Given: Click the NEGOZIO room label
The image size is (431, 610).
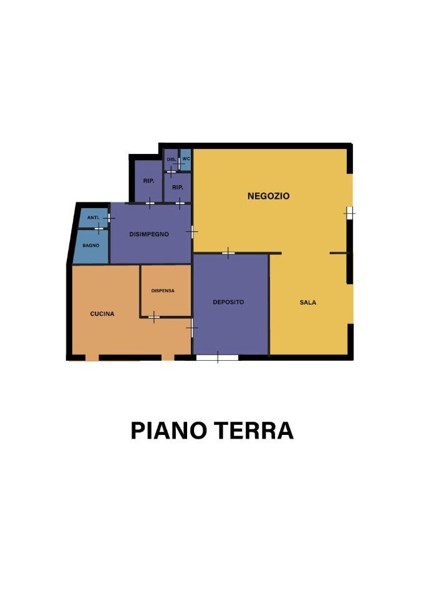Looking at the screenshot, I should coord(268,196).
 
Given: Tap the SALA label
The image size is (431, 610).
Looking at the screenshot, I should coord(308,303).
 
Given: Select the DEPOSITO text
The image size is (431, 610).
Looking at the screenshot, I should coord(228,302).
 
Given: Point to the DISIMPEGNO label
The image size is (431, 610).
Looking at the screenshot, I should coord(149,234).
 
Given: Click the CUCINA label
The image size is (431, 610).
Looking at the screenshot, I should coord(102,314).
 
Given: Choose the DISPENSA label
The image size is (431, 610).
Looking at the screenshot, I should coord(163,291).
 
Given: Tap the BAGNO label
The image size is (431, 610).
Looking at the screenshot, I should coord(91,245).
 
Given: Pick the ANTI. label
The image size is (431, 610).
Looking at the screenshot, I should coord(94,217).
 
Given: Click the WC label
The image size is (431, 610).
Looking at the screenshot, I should coord(186,159).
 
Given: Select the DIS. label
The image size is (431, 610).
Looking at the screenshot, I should coord(171,160).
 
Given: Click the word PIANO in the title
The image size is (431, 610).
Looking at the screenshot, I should coord(167,431).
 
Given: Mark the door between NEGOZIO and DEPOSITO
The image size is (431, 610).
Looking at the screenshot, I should coord(228,252).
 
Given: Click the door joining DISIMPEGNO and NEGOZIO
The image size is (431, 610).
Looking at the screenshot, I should coord(191,231).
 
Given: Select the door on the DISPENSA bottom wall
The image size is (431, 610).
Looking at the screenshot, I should coord(154,317).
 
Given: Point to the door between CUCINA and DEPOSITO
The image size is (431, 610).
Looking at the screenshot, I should coord(192,327).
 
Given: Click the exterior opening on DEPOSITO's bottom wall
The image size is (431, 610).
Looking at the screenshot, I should coord(217,358).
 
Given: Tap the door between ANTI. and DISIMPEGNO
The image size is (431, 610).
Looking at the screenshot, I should coord(109,218).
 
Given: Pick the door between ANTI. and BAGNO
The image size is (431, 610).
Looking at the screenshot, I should coord(98,229).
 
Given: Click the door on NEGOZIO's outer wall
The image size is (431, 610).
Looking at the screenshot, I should coord(349,212).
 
